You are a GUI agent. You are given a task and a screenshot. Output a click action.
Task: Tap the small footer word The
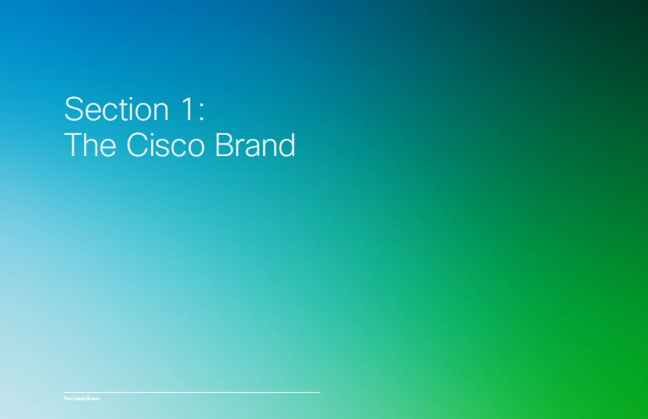(x=67, y=398)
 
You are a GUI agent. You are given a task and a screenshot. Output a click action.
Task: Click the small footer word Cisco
(x=77, y=398)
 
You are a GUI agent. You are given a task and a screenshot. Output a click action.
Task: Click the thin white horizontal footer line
(x=192, y=392)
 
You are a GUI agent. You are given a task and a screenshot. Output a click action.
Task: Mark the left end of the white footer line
(x=64, y=392)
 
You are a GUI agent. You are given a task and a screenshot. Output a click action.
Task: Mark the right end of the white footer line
(x=319, y=392)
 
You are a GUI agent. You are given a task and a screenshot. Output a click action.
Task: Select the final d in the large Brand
(x=287, y=145)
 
